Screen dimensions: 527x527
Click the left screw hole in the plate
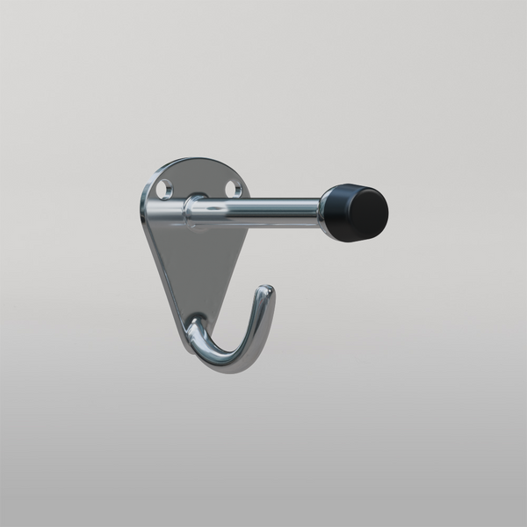click(x=164, y=187)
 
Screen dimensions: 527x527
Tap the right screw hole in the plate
click(x=233, y=188)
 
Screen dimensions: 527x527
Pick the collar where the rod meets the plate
click(x=194, y=213)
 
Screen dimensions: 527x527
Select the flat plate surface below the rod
click(x=193, y=263)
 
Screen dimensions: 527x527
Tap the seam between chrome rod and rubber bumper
click(x=321, y=209)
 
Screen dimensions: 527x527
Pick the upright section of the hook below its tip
click(x=258, y=321)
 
